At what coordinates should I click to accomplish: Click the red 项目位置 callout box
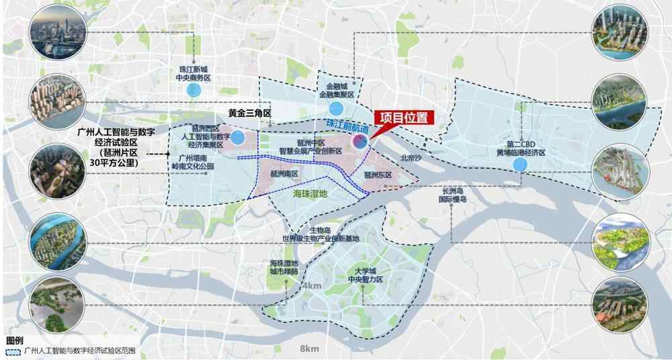coord(403,117)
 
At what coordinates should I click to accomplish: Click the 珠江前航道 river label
coord(346,127)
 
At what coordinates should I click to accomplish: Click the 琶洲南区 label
coord(284,173)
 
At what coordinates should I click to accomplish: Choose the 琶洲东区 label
coord(377,175)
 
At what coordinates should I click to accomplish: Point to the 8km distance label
coord(310,349)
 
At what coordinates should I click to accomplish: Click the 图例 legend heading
coord(14,341)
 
